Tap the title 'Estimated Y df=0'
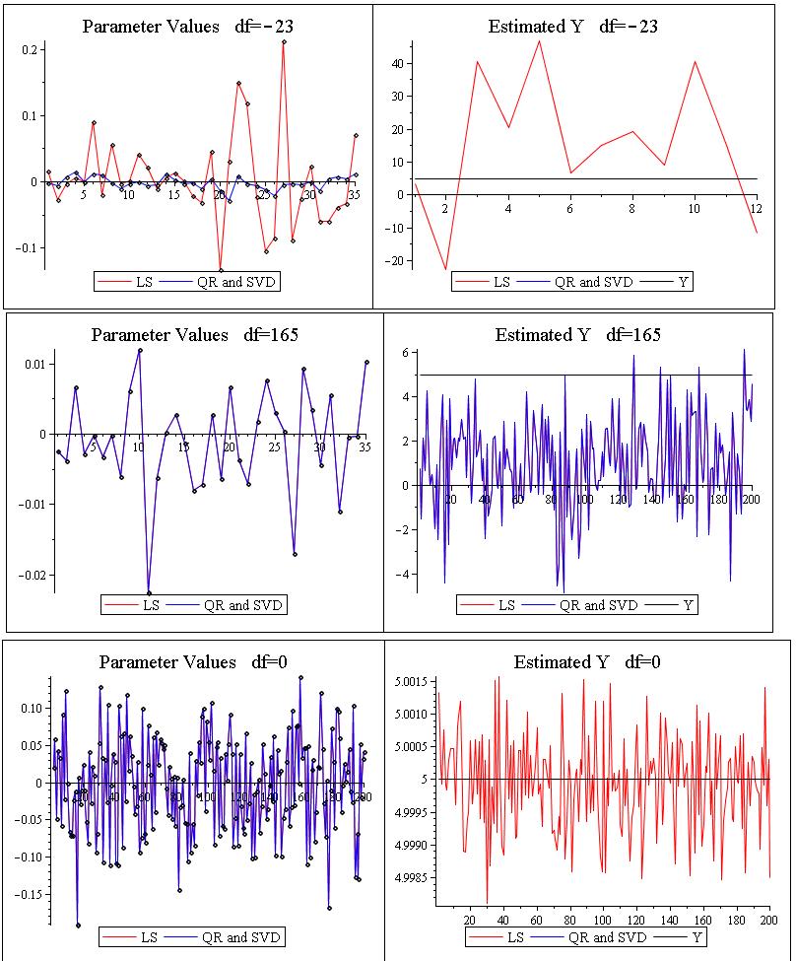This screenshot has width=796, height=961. click(587, 662)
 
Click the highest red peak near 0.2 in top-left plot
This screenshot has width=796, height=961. click(284, 42)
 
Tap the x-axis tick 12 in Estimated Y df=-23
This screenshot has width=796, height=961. click(756, 209)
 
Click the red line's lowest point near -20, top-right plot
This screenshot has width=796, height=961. click(445, 268)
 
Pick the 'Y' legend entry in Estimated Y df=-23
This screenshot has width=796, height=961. click(684, 282)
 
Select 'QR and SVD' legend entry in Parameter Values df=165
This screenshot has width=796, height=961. click(242, 605)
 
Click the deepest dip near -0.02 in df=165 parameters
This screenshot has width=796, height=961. click(149, 592)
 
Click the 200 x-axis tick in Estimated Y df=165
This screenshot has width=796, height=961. click(752, 499)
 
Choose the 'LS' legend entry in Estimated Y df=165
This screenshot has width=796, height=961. click(505, 605)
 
